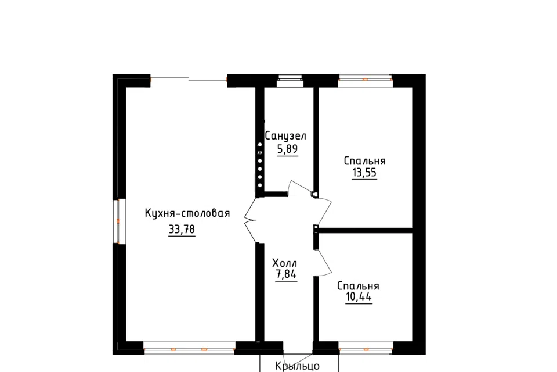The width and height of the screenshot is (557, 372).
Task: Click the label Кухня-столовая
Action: (x=187, y=213)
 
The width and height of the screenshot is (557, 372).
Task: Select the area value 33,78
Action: (x=182, y=230)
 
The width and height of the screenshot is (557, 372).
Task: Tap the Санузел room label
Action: (x=285, y=135)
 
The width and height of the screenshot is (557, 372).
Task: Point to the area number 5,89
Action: (x=287, y=149)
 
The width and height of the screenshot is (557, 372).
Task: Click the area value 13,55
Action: (x=364, y=173)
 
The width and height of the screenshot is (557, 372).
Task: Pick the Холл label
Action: (x=284, y=263)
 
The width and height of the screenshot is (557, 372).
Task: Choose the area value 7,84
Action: (x=286, y=274)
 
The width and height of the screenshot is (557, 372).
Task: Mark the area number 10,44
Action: (x=359, y=296)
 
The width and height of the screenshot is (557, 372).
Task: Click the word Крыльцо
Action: (x=297, y=366)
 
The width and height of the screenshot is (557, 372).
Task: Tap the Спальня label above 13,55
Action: (x=364, y=161)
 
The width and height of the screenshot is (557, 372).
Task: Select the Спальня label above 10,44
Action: (x=358, y=286)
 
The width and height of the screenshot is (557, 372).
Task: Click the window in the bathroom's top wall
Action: (x=290, y=80)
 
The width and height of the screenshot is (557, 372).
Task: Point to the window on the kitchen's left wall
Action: (x=119, y=221)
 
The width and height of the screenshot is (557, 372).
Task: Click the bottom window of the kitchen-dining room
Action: (x=189, y=348)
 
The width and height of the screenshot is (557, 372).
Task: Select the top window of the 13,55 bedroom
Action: (x=365, y=80)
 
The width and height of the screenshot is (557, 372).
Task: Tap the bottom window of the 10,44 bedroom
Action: (x=366, y=348)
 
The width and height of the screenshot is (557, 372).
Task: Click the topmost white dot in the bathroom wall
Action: (x=260, y=145)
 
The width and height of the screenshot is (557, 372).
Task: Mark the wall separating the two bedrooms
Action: (x=365, y=231)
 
